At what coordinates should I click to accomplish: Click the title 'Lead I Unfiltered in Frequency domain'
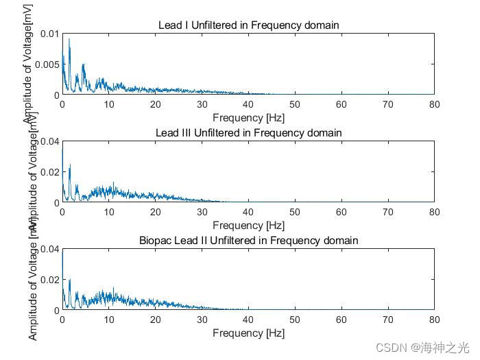248,25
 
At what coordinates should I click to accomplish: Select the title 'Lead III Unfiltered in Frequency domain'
248,132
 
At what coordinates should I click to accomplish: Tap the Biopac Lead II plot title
248,240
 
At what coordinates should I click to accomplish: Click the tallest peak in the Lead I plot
69,40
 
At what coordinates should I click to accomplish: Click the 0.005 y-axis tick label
45,64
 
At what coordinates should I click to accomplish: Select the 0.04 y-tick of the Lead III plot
48,141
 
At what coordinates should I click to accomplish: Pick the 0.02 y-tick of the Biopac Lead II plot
48,280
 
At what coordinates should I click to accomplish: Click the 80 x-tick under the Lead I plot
433,104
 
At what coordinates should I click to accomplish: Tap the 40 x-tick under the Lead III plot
248,212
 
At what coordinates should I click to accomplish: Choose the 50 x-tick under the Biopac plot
294,320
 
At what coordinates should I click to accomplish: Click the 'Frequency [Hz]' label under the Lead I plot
248,117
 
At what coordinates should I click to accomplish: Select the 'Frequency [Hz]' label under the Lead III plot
248,225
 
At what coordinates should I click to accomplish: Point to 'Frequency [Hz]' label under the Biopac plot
248,333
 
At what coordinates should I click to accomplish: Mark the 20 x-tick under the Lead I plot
155,104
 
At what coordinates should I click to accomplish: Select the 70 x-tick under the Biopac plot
387,320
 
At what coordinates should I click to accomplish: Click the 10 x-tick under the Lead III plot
109,212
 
